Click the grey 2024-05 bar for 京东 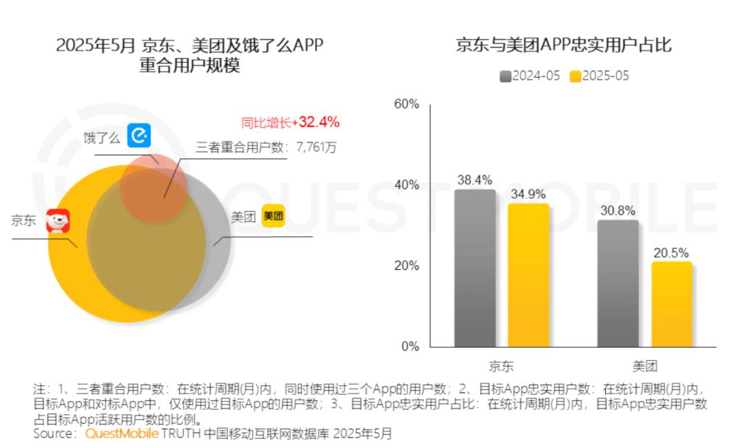[475, 269]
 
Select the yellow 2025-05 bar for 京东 [528, 275]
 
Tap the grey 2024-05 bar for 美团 [618, 284]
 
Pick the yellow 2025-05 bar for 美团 [672, 304]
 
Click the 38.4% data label [475, 180]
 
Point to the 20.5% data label [671, 253]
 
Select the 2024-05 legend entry [530, 76]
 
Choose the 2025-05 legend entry [600, 76]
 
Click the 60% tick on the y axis [407, 104]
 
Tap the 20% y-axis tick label [407, 266]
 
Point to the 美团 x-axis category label [644, 366]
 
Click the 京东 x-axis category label [501, 366]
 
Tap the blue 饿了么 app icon [139, 135]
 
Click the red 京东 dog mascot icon [58, 221]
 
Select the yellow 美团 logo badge [274, 216]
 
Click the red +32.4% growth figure [316, 122]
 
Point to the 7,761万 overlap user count [316, 147]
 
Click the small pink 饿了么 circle [153, 188]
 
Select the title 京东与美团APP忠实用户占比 [564, 45]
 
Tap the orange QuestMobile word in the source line [122, 434]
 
